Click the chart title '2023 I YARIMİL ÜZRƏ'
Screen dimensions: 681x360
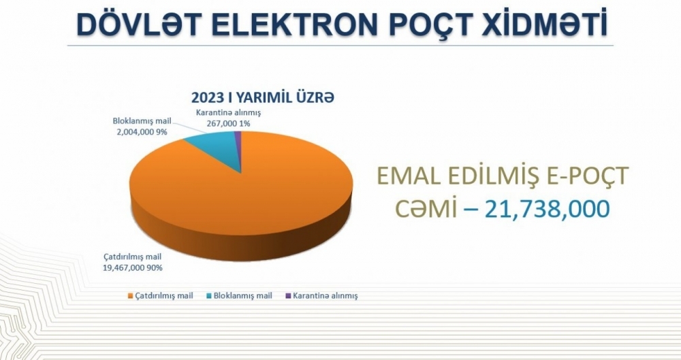coord(263,97)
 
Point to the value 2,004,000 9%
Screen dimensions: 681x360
coord(142,131)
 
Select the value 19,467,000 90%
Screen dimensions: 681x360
coord(133,267)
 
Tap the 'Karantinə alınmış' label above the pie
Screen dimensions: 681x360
coord(228,112)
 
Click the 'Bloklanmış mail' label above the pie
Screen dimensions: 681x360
coord(142,120)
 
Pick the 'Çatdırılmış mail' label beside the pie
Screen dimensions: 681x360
coord(133,257)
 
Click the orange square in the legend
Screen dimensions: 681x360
coord(130,296)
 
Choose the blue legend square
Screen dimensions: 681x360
coord(208,296)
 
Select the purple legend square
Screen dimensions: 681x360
coord(288,296)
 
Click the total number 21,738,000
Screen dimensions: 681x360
coord(548,209)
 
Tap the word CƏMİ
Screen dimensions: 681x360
coord(426,208)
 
